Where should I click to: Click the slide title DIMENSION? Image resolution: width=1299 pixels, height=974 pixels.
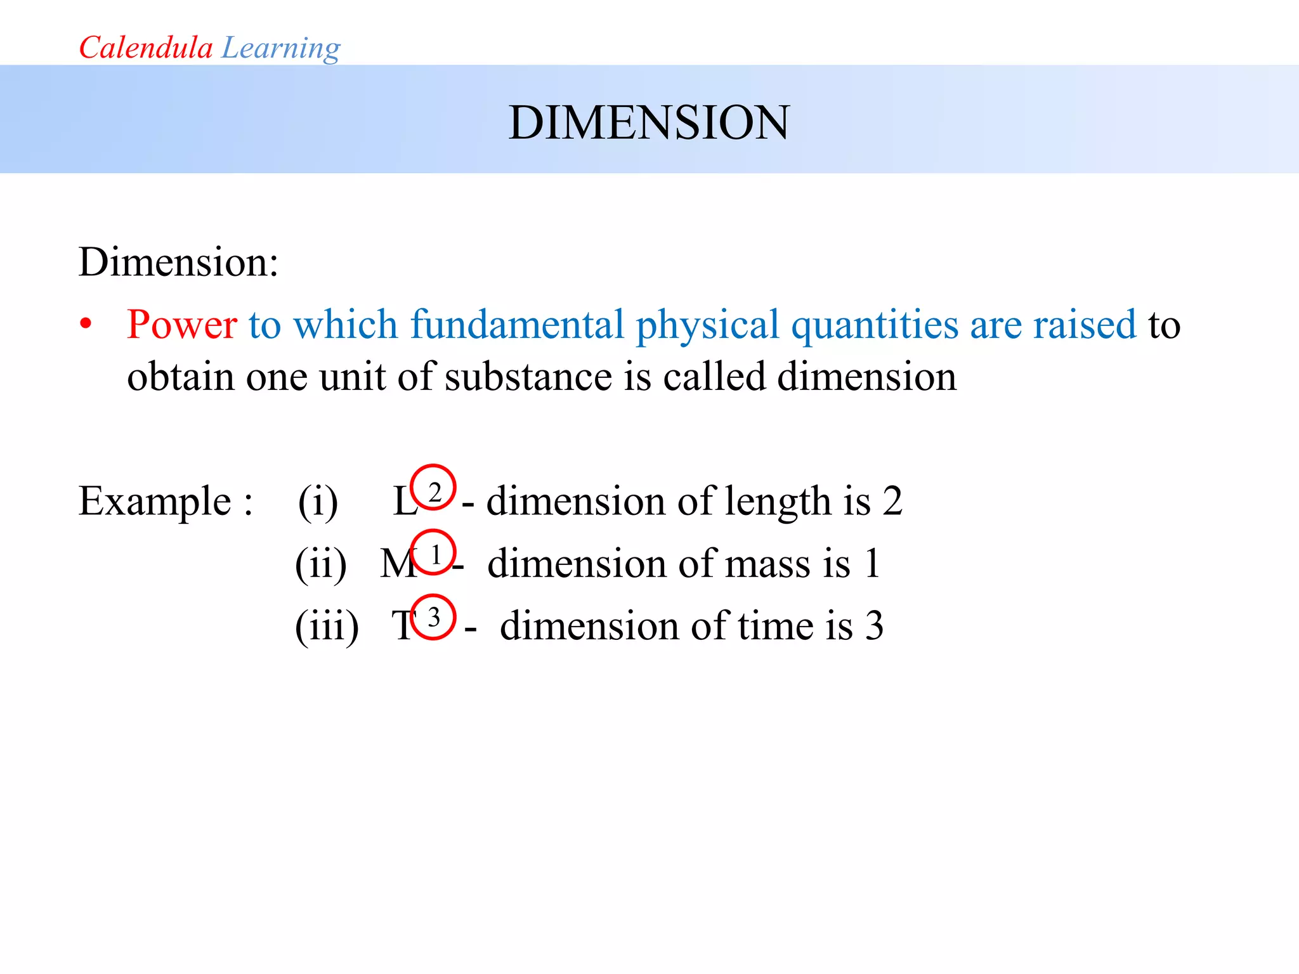(649, 122)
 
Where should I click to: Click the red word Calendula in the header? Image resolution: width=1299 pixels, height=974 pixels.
(145, 48)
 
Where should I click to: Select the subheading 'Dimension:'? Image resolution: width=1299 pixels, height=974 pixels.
(178, 261)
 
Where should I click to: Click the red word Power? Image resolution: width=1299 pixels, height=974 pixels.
(182, 324)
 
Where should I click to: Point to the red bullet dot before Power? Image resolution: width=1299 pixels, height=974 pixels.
(86, 325)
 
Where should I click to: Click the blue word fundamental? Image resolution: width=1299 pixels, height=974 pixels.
(516, 324)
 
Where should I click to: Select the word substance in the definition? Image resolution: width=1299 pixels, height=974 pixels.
(528, 377)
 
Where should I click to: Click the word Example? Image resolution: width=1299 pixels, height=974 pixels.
(155, 501)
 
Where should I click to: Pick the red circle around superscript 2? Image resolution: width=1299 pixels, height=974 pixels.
(433, 487)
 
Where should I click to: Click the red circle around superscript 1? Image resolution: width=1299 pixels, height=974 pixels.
(433, 552)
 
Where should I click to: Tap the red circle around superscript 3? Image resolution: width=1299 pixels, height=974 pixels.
(433, 616)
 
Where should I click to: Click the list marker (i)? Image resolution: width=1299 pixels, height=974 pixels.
(318, 502)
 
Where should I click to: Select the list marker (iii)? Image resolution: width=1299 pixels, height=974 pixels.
(327, 627)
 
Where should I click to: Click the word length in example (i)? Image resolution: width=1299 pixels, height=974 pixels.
(777, 502)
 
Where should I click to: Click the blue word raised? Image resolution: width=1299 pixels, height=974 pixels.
(1085, 324)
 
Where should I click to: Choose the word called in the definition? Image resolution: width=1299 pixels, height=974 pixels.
(714, 377)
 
